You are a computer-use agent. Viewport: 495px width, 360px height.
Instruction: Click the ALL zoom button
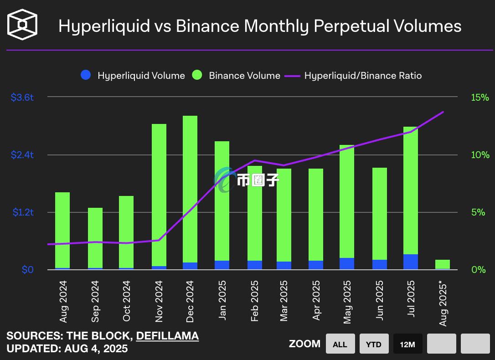pos(340,344)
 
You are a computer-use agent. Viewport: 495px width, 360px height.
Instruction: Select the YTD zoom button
pos(374,344)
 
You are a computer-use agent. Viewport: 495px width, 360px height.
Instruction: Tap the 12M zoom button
pos(407,344)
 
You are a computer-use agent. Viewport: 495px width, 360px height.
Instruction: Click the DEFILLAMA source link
pos(167,336)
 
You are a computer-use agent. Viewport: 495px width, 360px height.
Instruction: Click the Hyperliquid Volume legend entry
pos(133,76)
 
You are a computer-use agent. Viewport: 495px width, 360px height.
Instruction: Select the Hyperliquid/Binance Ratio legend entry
pos(354,76)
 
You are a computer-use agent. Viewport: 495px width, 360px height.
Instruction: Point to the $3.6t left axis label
pos(22,97)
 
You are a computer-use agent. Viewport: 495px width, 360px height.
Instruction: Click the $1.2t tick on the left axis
pos(22,212)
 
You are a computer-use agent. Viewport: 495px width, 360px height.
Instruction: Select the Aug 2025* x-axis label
pos(443,303)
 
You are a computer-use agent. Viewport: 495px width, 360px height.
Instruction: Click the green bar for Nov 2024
pos(159,191)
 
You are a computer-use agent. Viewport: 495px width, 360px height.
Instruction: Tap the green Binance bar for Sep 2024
pos(95,237)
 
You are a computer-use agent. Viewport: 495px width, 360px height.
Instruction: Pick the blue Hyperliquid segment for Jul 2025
pos(411,262)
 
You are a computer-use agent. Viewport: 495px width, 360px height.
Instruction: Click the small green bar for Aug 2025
pos(443,264)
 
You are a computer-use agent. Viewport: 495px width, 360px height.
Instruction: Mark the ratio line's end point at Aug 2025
pos(443,112)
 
